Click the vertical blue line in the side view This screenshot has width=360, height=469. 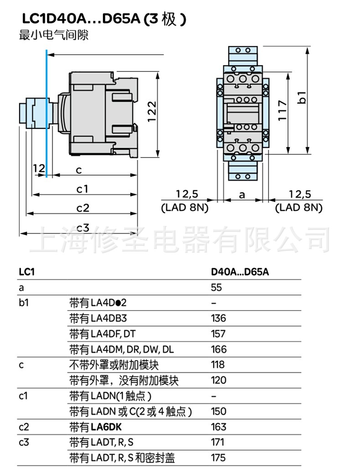tap(46, 114)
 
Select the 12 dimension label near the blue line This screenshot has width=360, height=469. tap(39, 168)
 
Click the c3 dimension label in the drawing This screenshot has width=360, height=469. tap(82, 227)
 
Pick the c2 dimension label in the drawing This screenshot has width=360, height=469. tap(82, 208)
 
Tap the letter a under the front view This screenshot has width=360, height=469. tap(242, 194)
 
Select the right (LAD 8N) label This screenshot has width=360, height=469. tap(298, 208)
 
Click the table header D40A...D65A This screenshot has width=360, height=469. tap(240, 272)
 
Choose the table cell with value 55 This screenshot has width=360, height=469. tap(216, 287)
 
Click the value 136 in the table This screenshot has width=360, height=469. tap(218, 318)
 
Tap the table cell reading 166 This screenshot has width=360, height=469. tap(218, 349)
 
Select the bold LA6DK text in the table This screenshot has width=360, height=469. tap(106, 427)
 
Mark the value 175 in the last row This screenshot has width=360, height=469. tap(218, 458)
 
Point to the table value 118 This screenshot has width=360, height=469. tap(218, 365)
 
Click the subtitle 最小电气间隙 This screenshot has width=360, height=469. tap(53, 36)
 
